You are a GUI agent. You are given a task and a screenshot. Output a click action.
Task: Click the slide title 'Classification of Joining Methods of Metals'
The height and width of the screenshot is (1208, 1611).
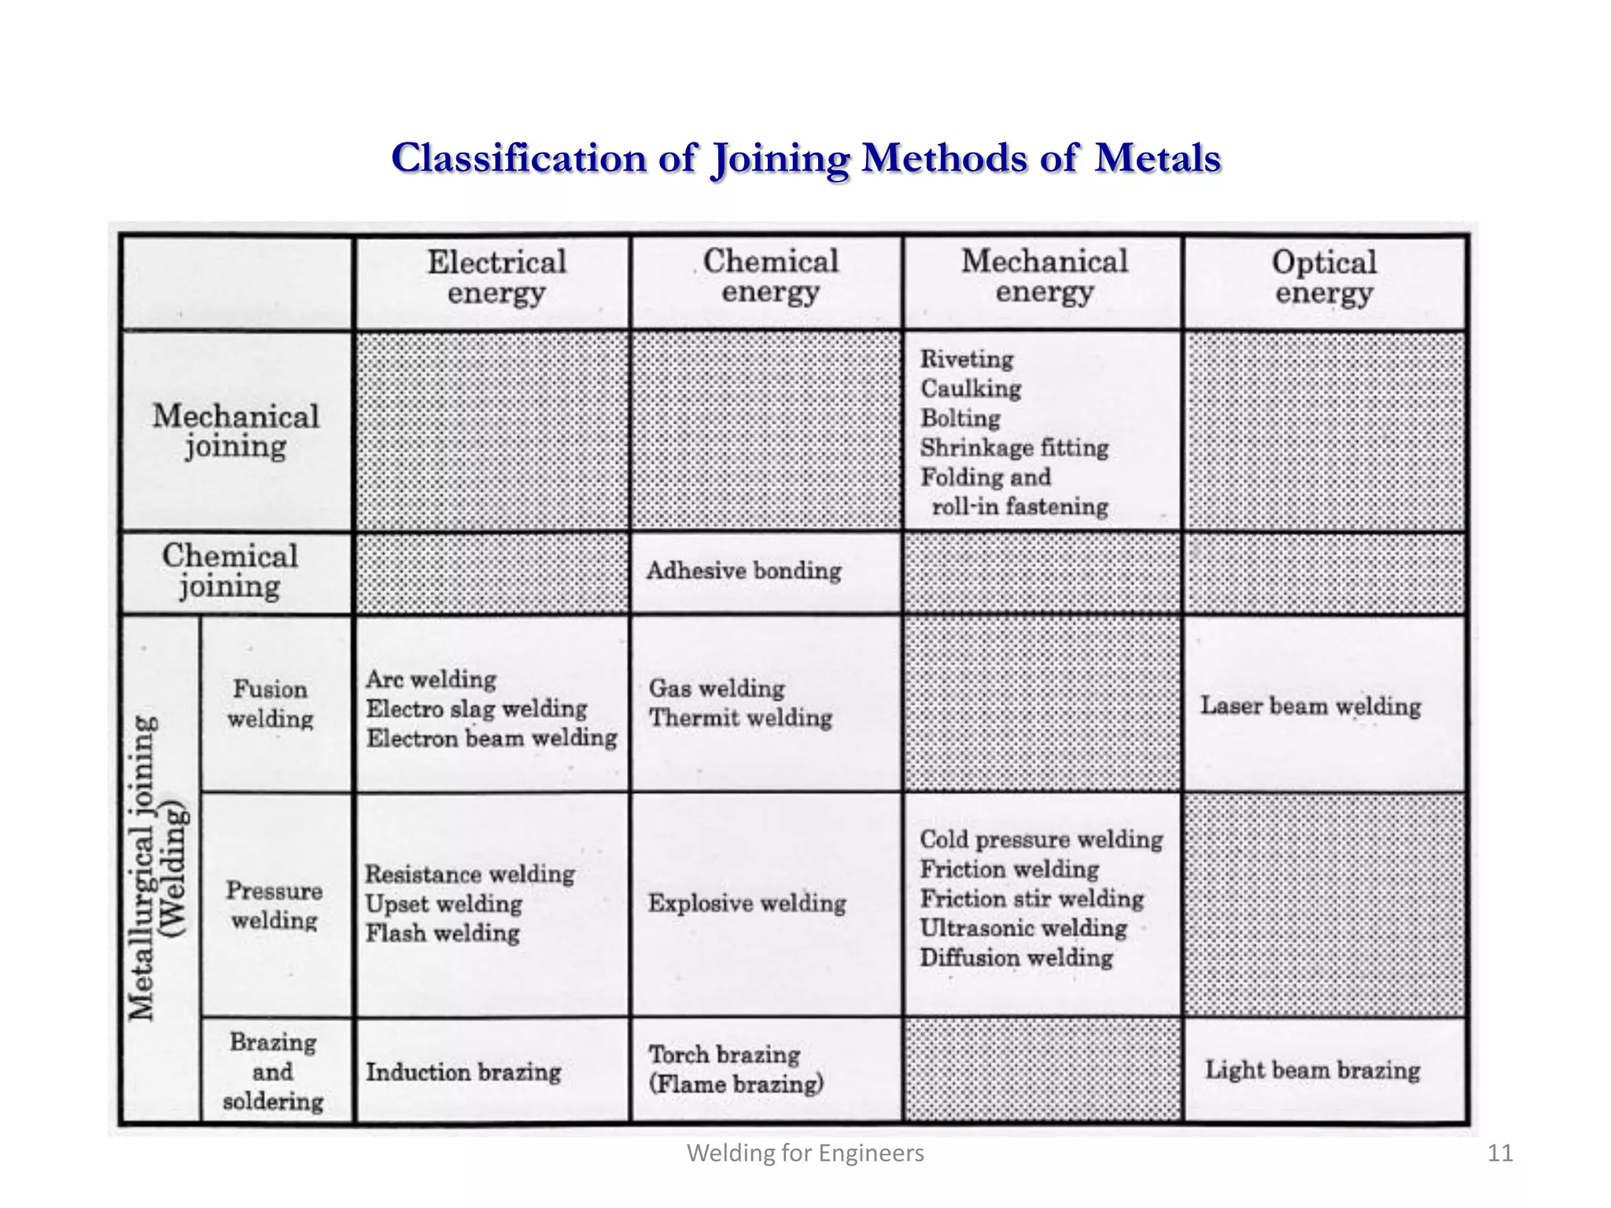click(805, 158)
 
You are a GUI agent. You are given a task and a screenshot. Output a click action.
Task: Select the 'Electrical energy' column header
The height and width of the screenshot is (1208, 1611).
click(496, 277)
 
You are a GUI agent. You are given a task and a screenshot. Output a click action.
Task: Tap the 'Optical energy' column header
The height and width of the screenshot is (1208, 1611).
click(1324, 277)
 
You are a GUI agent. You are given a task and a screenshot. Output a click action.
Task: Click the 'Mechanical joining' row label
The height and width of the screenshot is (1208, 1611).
click(236, 431)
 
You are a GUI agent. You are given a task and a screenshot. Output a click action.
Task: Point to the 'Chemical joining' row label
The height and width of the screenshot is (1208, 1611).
click(230, 571)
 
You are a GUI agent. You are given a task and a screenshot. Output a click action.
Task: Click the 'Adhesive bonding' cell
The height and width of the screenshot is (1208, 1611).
click(743, 570)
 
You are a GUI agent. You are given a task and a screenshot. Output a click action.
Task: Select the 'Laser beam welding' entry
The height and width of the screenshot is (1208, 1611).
click(1311, 705)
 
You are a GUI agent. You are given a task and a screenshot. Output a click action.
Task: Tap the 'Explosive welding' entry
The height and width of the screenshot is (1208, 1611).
click(747, 903)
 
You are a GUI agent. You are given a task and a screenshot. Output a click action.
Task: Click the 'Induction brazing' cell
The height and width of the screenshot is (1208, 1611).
click(463, 1072)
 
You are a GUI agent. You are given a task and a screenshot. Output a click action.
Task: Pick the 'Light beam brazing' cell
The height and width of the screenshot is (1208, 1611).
click(1312, 1070)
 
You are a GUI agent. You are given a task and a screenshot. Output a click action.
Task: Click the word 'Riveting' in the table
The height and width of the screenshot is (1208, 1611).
click(967, 359)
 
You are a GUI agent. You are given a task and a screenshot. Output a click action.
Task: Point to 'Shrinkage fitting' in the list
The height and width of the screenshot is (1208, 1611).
click(1014, 447)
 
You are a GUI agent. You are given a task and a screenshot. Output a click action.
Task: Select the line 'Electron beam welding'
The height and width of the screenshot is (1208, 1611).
click(492, 738)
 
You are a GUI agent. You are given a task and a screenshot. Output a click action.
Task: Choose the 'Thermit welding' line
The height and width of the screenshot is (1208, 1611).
click(740, 717)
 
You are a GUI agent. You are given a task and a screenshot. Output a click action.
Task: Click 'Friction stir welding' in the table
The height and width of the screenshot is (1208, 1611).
click(1031, 898)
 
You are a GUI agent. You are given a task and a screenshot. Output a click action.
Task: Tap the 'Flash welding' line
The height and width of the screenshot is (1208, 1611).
click(442, 934)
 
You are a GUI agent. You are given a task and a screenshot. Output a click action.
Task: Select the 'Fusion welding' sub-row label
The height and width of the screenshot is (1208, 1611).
click(270, 704)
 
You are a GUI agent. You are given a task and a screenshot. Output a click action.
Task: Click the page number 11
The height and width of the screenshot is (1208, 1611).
click(1500, 1153)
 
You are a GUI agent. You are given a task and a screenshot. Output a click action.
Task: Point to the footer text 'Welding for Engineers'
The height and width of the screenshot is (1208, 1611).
click(805, 1153)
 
